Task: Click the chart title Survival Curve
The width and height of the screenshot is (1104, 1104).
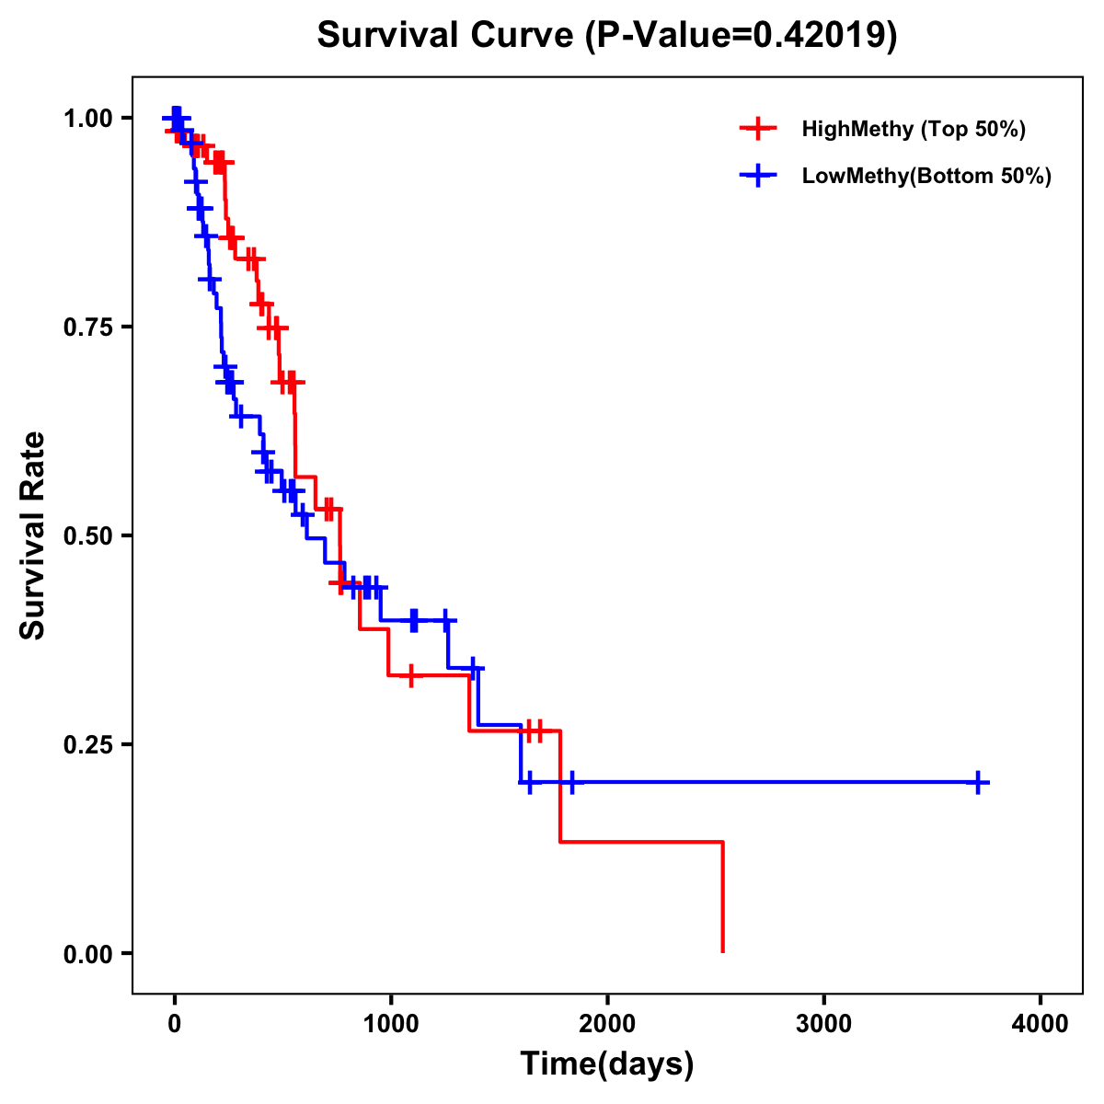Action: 448,35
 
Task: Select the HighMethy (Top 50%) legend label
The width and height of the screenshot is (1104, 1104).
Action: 914,129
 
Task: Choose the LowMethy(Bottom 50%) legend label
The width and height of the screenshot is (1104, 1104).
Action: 926,177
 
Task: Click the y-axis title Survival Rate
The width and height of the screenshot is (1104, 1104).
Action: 33,535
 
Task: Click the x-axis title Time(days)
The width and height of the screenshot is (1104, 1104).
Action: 607,1064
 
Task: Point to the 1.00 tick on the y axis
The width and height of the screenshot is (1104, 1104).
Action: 87,119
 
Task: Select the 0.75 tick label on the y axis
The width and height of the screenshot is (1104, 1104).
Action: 87,328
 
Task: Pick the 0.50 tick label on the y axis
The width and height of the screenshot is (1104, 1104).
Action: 87,536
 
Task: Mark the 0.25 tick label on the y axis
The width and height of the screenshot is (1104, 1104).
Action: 87,745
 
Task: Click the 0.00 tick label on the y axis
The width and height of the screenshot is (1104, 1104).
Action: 87,954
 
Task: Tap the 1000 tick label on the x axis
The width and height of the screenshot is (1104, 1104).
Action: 391,1023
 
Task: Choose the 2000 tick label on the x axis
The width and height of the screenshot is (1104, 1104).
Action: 607,1023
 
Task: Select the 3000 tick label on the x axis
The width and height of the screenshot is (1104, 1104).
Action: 823,1023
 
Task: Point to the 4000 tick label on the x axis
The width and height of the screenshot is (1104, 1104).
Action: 1041,1023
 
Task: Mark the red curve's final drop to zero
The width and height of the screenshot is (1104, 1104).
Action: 723,898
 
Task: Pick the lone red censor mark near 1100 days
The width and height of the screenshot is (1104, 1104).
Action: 410,675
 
